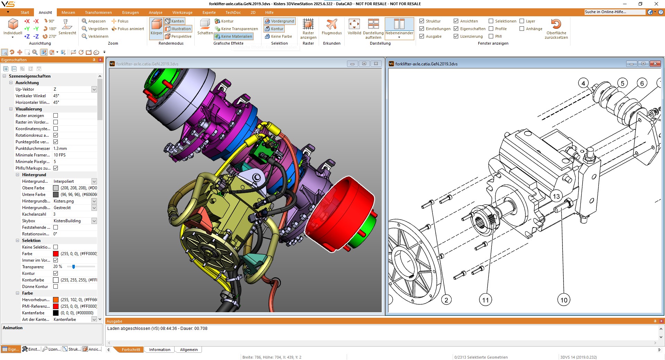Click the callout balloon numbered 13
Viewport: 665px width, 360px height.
tap(556, 196)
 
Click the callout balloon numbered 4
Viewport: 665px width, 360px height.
tap(584, 83)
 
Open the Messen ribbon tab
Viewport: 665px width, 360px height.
tap(68, 12)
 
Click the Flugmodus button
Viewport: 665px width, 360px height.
tap(331, 27)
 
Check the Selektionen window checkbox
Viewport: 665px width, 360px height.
tap(491, 21)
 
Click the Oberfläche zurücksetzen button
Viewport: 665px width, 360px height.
tap(556, 29)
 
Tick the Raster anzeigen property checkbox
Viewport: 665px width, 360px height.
tap(55, 116)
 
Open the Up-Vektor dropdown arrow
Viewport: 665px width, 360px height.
tap(94, 89)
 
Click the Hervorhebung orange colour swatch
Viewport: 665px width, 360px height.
tap(56, 300)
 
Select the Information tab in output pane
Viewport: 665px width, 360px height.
tap(160, 350)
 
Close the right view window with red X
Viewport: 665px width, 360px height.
tap(655, 64)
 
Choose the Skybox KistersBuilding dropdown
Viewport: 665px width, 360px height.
tap(94, 221)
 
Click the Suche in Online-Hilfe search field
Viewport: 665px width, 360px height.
tap(614, 12)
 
